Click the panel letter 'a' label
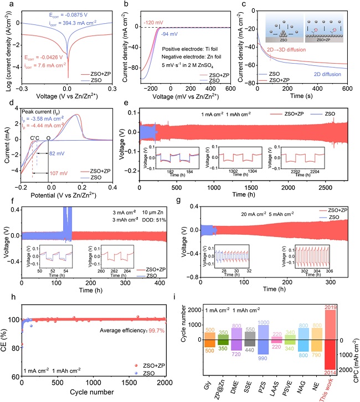click(x=5, y=5)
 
